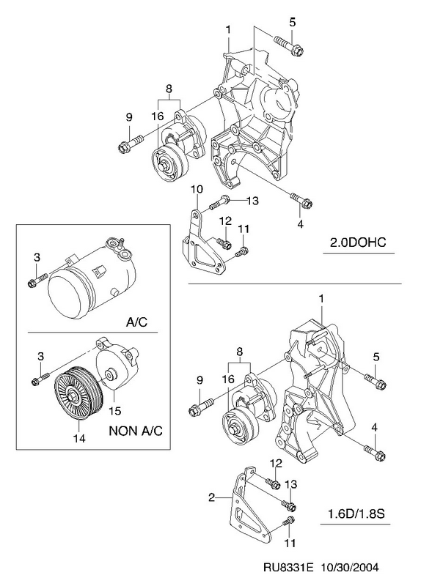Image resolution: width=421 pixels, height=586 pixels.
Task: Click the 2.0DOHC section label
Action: [357, 242]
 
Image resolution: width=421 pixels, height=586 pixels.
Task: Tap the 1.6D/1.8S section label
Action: [356, 514]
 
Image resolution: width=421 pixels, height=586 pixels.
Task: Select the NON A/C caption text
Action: [136, 431]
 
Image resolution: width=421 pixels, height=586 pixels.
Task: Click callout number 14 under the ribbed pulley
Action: [80, 437]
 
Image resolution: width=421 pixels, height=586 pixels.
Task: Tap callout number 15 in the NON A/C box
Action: [115, 411]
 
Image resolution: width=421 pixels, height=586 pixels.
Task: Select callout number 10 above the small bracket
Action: [197, 189]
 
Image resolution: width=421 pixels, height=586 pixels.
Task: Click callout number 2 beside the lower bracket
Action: [211, 497]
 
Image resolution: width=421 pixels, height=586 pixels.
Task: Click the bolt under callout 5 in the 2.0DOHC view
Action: [288, 45]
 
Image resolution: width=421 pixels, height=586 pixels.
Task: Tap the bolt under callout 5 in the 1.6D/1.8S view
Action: [376, 379]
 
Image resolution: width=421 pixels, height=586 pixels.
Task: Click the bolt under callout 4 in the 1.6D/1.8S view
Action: [375, 451]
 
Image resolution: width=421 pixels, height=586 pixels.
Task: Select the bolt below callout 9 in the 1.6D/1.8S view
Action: [201, 407]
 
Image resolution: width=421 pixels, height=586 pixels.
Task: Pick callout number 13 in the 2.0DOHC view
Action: [252, 201]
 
